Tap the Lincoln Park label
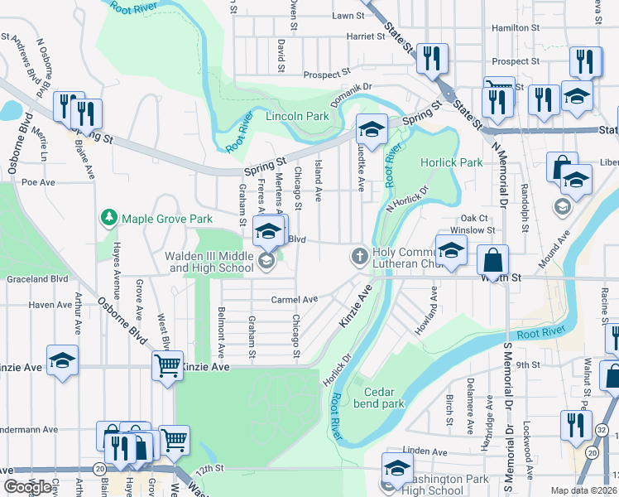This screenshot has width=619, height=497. [x=297, y=117]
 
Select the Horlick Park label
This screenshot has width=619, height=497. [x=451, y=162]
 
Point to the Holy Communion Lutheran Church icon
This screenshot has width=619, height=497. [x=359, y=256]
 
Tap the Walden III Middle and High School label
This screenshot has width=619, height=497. [x=209, y=262]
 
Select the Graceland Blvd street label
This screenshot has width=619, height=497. [x=36, y=279]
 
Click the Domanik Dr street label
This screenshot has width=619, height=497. [x=353, y=85]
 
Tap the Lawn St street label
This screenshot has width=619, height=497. [x=348, y=16]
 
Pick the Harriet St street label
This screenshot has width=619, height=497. [x=360, y=36]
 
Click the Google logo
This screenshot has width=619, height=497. [x=27, y=486]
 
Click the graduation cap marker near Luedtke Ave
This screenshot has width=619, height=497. [x=372, y=129]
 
